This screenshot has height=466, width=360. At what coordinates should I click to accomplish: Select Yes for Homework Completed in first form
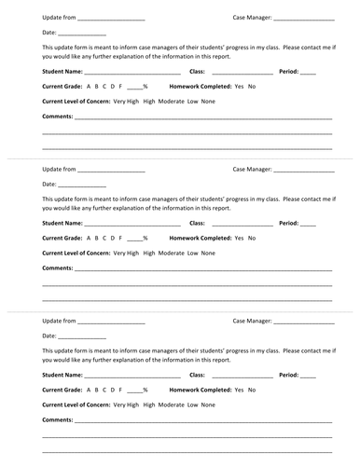239,86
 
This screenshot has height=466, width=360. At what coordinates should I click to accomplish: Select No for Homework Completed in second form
252,238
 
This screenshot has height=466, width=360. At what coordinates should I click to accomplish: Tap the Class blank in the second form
242,224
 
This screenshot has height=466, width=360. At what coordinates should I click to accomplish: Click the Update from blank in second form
112,171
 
